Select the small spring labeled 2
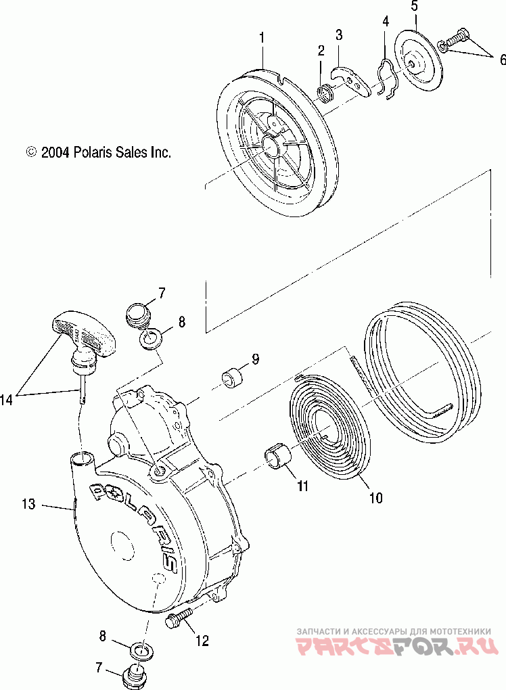pyautogui.click(x=326, y=90)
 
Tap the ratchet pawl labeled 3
pyautogui.click(x=352, y=80)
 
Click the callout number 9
pyautogui.click(x=254, y=359)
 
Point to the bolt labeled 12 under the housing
pyautogui.click(x=177, y=618)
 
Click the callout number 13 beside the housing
pyautogui.click(x=28, y=504)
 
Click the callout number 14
pyautogui.click(x=7, y=400)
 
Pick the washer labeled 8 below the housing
pyautogui.click(x=142, y=651)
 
